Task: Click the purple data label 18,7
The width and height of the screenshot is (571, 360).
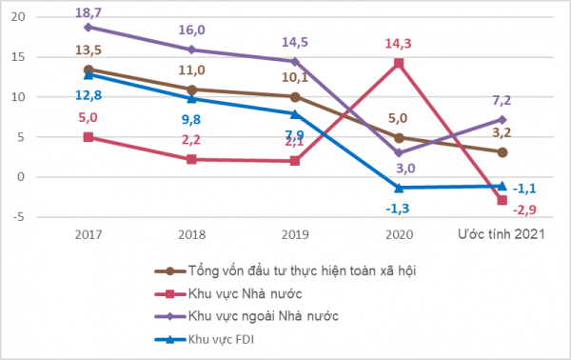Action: click(89, 12)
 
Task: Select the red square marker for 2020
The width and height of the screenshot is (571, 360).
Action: click(399, 64)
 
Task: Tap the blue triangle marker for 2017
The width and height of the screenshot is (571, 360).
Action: click(89, 75)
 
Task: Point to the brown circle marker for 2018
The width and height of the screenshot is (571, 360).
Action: click(191, 90)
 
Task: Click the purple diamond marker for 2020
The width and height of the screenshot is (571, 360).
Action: click(399, 153)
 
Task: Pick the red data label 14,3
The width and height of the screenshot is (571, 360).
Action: click(398, 44)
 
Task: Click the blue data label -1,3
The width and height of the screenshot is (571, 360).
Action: click(397, 209)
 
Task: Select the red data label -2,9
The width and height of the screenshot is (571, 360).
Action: click(524, 210)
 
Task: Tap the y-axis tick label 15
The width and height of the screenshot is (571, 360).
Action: click(18, 57)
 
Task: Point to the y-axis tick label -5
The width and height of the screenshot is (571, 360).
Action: click(18, 217)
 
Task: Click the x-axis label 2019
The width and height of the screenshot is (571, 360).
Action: click(295, 234)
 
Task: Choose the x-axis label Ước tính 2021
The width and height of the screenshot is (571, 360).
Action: click(502, 234)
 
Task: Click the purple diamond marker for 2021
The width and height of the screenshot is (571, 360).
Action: click(502, 120)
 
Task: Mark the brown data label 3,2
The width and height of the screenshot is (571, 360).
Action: click(502, 133)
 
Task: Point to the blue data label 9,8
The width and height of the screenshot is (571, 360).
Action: click(191, 119)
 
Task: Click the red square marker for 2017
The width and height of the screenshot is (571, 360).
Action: click(89, 137)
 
